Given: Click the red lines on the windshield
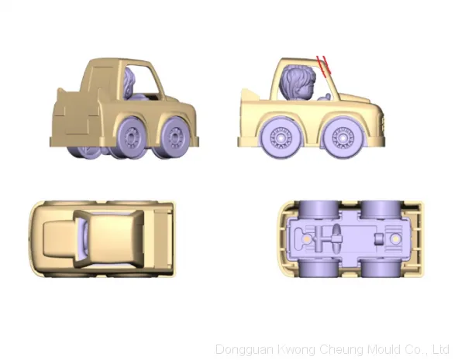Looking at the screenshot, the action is coord(323,64).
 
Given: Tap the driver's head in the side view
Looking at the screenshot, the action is coord(298,81).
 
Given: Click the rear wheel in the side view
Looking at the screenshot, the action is coord(280,138).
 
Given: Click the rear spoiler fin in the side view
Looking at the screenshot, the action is coord(249,94).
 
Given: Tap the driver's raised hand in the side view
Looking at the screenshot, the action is coord(326,96).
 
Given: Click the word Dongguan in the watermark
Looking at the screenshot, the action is coord(244,350).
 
